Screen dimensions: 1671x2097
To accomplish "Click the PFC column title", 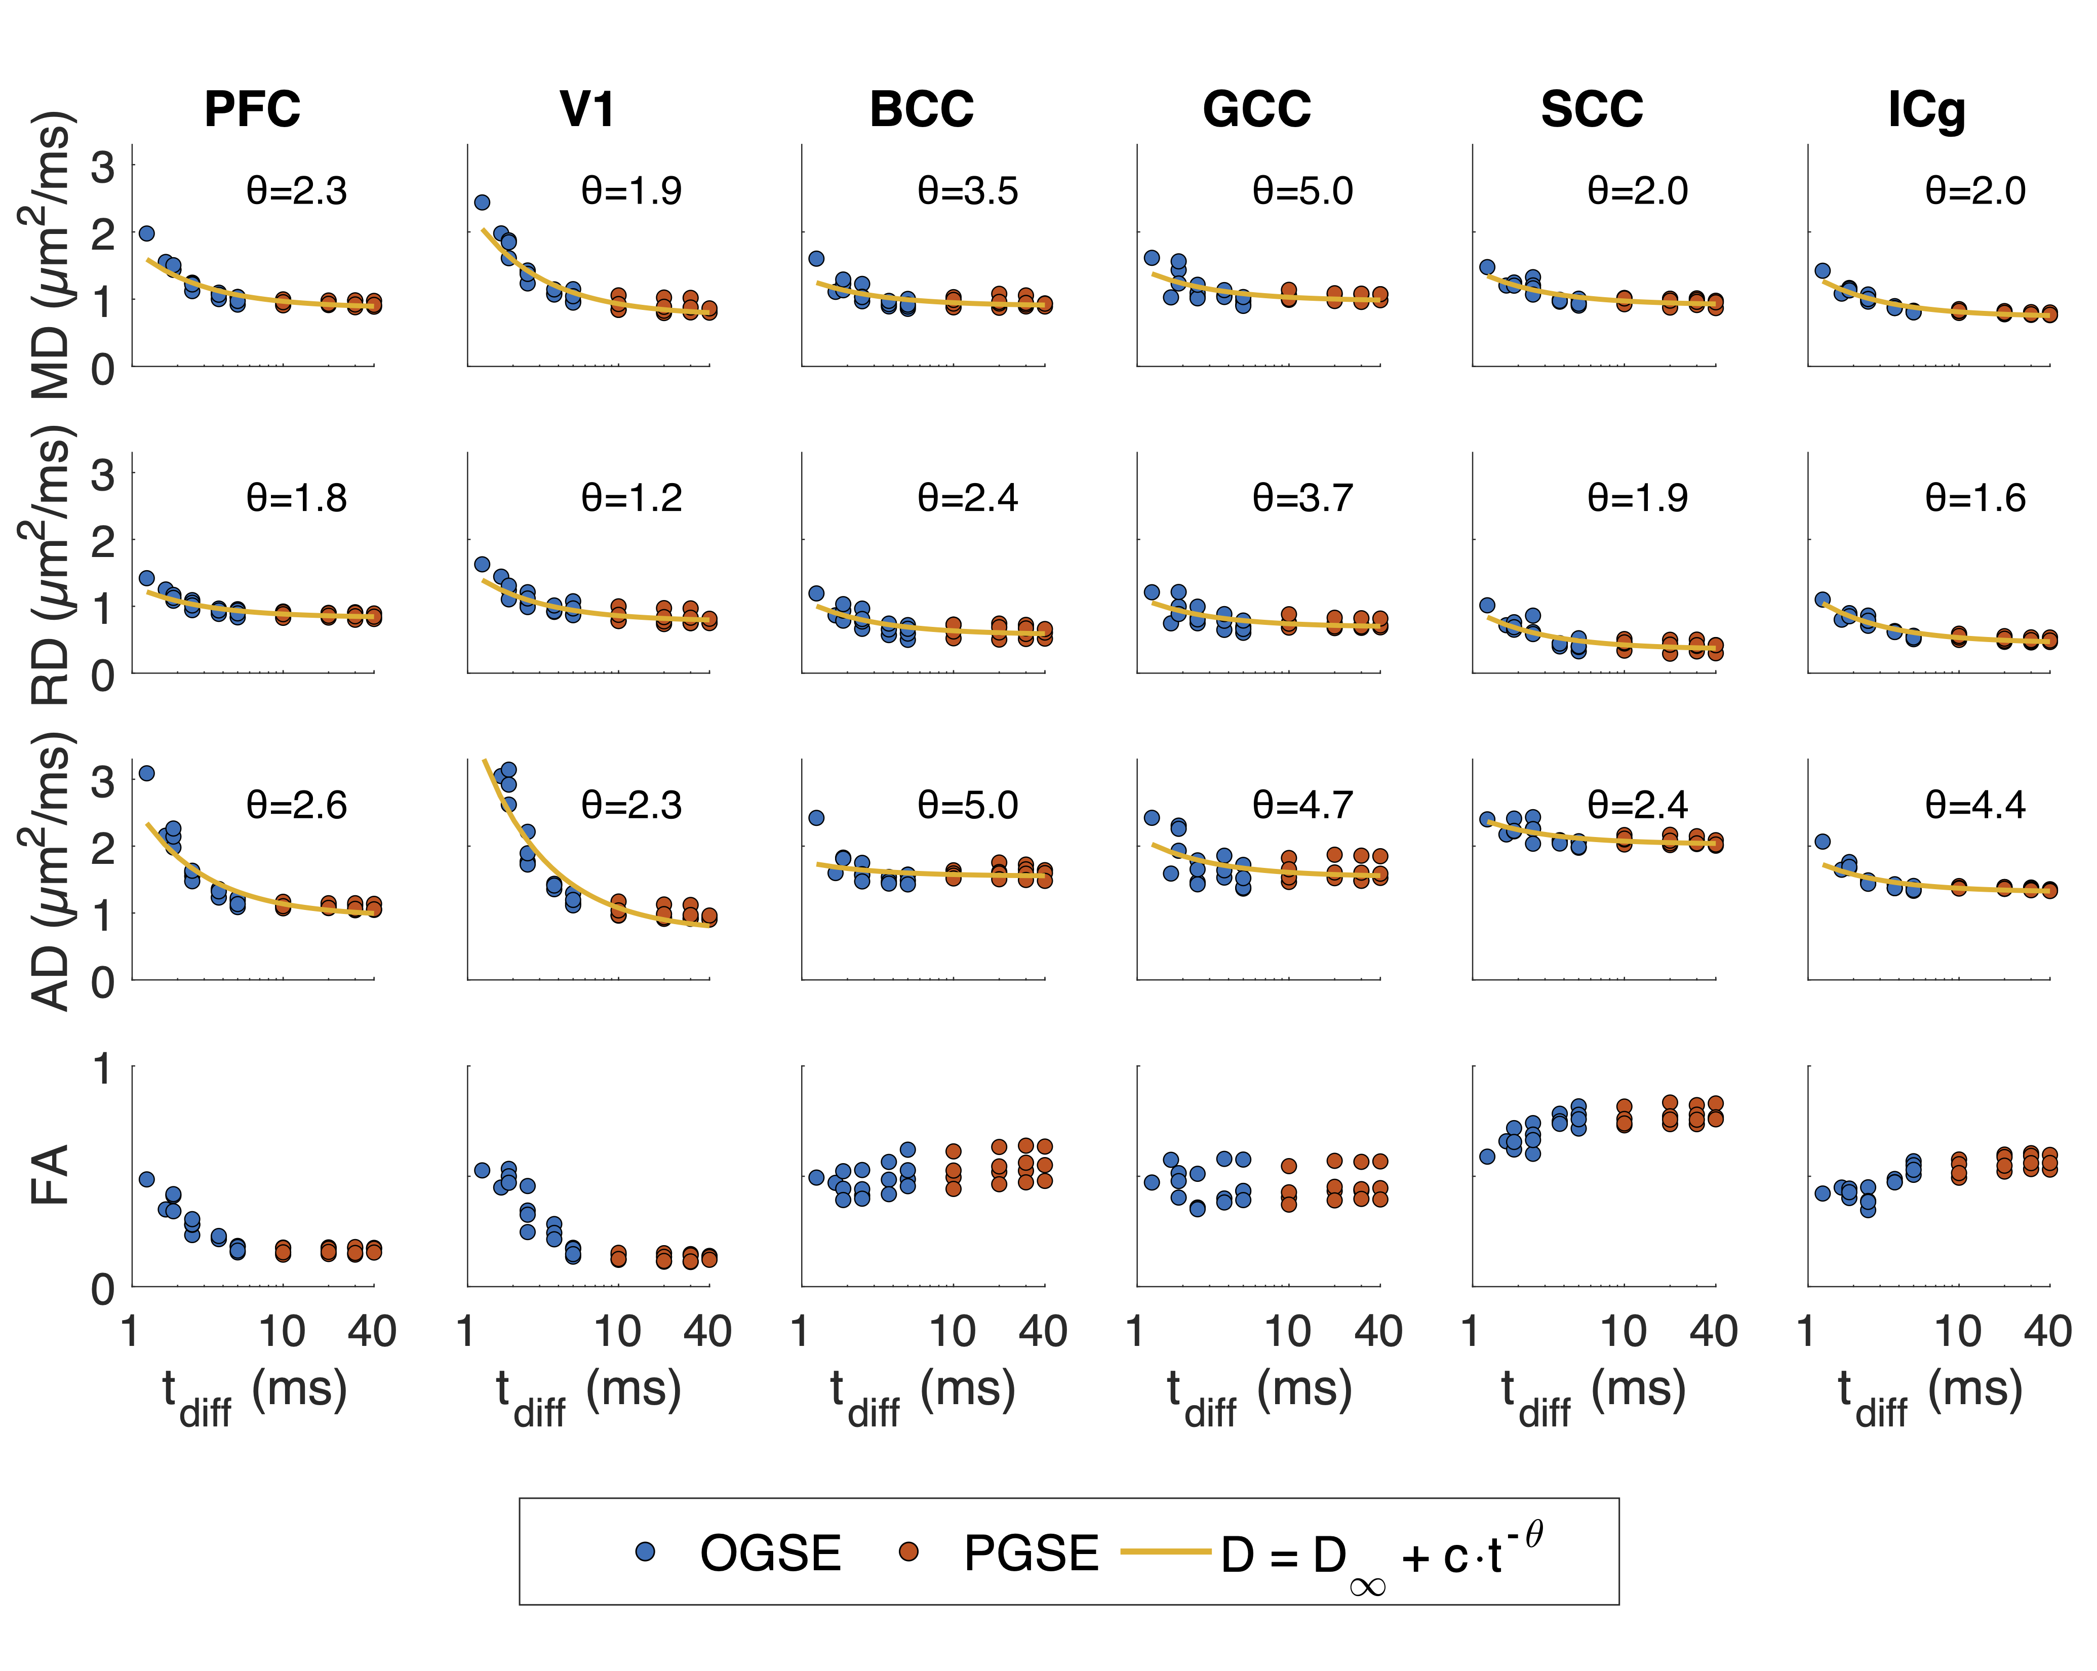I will (252, 109).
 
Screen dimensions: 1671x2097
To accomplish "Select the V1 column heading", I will (587, 109).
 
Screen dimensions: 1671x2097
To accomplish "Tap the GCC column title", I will (1257, 109).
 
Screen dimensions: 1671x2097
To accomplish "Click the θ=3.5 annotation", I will (968, 190).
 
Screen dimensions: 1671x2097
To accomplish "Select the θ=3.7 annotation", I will (1302, 498).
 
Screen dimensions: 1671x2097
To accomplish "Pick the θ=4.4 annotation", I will (1975, 805).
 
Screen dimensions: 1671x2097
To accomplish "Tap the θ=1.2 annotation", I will (632, 498).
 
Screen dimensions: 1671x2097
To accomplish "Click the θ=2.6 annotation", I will (297, 805).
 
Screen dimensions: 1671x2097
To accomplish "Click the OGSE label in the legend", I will (770, 1554).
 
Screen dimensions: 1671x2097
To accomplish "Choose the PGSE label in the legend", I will (1031, 1554).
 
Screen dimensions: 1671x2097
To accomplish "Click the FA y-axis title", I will (51, 1175).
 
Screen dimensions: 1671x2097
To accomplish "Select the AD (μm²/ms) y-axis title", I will (51, 870).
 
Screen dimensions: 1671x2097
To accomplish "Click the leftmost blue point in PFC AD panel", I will (147, 773).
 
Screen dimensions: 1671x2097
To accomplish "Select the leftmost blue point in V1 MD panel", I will (482, 203).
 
